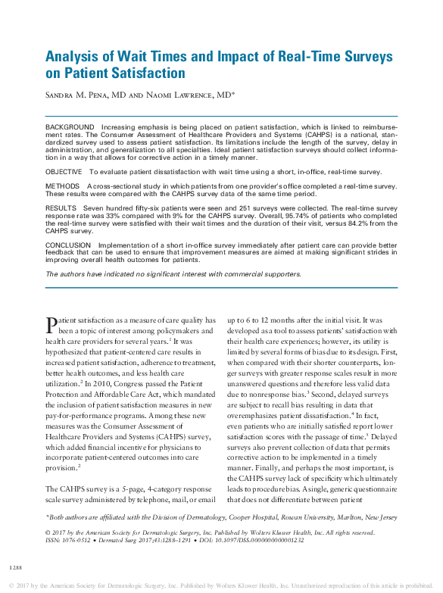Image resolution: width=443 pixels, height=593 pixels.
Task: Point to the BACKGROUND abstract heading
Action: [x=69, y=126]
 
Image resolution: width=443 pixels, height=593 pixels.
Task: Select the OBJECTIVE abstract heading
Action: [x=64, y=173]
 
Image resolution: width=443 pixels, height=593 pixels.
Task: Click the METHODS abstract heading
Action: [x=62, y=186]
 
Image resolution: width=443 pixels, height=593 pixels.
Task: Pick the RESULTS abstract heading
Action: [x=61, y=207]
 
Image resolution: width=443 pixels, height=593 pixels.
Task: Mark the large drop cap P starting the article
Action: [x=51, y=325]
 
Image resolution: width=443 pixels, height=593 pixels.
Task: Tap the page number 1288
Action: [x=15, y=566]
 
